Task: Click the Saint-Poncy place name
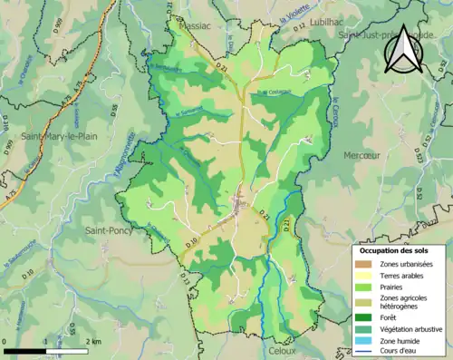(106, 231)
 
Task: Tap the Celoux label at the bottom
(283, 349)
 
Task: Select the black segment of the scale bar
(26, 348)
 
